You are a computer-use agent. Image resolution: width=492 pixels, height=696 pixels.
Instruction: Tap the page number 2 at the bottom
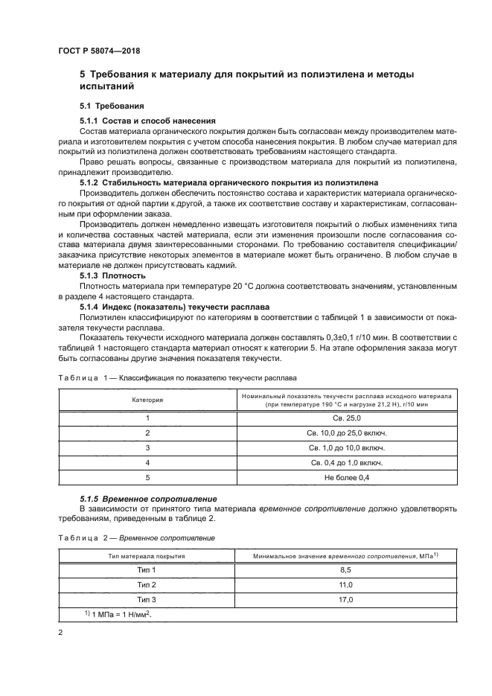point(61,632)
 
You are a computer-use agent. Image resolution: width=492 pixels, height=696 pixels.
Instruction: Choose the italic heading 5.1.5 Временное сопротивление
point(148,498)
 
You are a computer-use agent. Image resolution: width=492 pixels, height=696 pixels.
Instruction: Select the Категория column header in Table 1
point(147,400)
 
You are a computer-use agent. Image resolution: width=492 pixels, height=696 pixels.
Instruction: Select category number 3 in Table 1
point(147,447)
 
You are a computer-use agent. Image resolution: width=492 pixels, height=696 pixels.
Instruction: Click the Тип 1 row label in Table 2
point(147,569)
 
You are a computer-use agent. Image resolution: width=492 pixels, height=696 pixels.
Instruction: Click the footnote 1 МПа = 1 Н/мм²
point(117,613)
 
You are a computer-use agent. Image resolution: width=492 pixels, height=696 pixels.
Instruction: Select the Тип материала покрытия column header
point(147,555)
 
